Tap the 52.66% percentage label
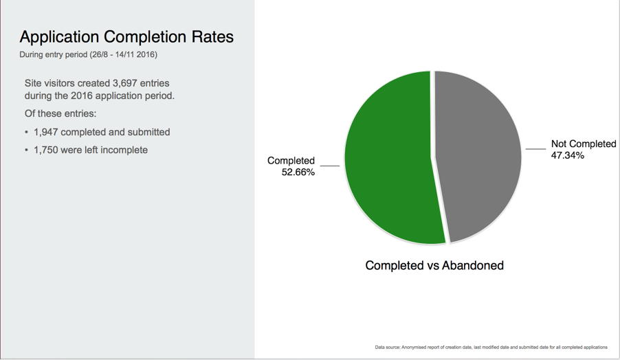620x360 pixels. tap(298, 172)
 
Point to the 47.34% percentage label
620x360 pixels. tap(567, 155)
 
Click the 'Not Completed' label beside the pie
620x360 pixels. tap(583, 144)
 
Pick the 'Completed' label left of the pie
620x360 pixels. tap(291, 161)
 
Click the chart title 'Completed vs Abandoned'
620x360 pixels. tap(434, 265)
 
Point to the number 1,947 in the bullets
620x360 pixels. tap(46, 132)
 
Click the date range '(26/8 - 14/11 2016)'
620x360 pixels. tap(123, 54)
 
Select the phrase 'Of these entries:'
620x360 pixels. tap(60, 113)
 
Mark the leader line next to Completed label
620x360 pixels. tap(329, 166)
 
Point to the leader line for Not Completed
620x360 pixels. tap(535, 148)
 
